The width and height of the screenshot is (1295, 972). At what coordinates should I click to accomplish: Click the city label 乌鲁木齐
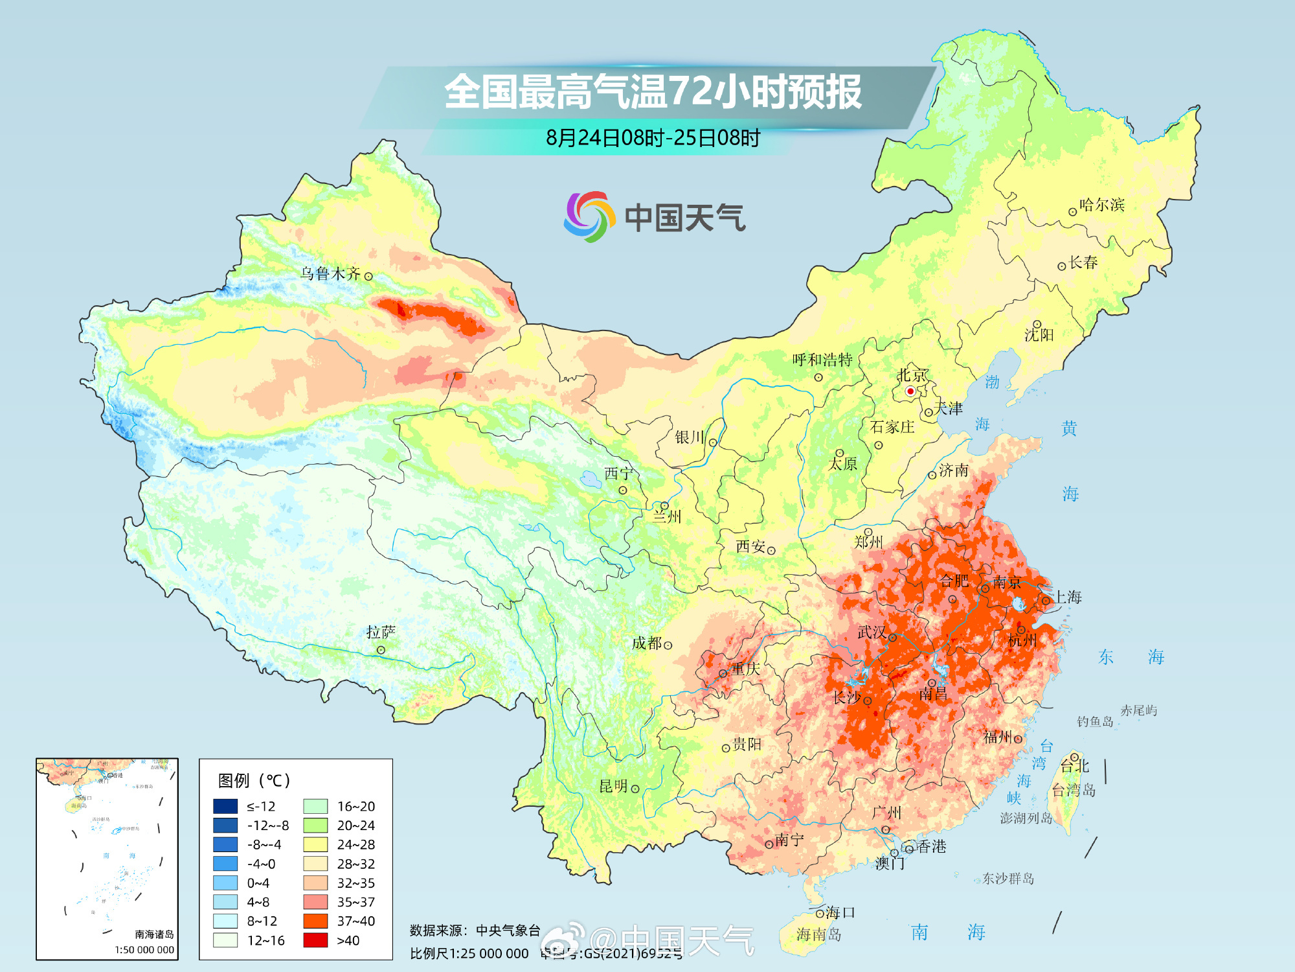tap(330, 273)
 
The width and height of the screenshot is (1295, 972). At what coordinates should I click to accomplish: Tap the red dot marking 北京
tap(910, 391)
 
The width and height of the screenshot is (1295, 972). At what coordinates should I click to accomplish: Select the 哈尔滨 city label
tap(1101, 205)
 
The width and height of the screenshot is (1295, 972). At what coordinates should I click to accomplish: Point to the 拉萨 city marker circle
tap(381, 650)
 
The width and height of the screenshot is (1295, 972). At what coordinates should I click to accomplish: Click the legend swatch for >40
tap(315, 940)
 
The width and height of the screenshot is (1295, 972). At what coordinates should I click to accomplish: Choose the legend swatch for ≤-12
tap(225, 806)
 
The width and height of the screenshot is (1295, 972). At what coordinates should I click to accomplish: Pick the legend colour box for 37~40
tap(315, 921)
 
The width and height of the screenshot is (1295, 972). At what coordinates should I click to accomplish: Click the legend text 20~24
tap(355, 826)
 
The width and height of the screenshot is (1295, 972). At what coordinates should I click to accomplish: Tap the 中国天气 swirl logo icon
tap(588, 216)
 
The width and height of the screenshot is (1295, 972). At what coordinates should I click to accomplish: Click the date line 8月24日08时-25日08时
tap(653, 138)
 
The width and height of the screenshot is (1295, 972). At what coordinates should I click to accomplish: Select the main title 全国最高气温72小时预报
tap(653, 92)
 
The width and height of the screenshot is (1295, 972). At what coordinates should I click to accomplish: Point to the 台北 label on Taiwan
tap(1074, 767)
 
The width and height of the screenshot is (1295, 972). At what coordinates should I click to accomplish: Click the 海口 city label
tap(840, 912)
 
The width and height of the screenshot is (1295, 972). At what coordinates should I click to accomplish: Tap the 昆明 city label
tap(613, 786)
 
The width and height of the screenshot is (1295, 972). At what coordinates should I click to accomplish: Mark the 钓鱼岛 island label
tap(1094, 721)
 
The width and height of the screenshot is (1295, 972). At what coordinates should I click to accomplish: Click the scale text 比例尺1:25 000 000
tap(469, 953)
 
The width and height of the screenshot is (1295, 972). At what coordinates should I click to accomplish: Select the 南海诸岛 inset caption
tap(154, 934)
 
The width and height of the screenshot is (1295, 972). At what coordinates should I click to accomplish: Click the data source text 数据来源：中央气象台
tap(475, 931)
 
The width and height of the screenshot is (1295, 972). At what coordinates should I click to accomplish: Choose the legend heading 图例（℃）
tap(254, 780)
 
